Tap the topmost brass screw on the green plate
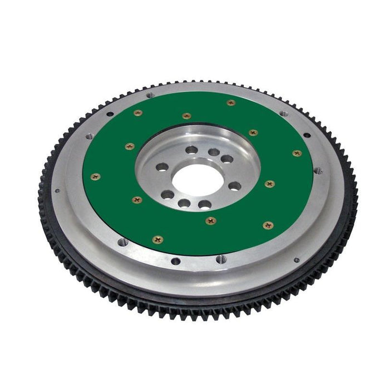click(x=231, y=102)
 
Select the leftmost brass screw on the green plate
click(x=95, y=176)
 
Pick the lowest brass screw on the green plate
click(x=157, y=240)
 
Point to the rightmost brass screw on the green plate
click(x=297, y=153)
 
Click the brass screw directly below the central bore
click(x=210, y=220)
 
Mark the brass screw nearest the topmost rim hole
click(x=138, y=112)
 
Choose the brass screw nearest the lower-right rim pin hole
click(x=268, y=225)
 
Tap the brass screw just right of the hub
click(x=269, y=183)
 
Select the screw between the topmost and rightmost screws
click(x=253, y=132)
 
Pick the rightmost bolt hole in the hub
click(x=235, y=186)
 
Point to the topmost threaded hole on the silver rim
click(x=149, y=95)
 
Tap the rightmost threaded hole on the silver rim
click(x=318, y=171)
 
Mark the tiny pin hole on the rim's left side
click(x=57, y=191)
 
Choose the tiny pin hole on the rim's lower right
click(x=296, y=259)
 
